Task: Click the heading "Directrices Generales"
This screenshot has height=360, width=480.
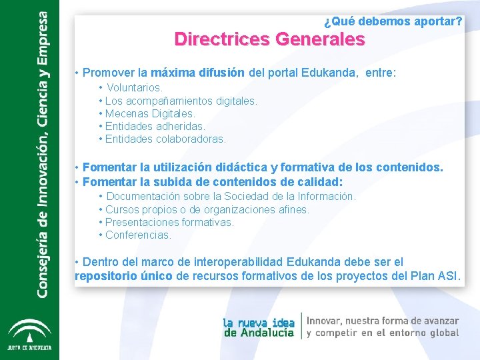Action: click(269, 39)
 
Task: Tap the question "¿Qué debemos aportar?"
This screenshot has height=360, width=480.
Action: click(393, 22)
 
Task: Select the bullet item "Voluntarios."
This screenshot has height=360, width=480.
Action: click(134, 88)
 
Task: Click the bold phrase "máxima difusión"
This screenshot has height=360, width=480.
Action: click(198, 73)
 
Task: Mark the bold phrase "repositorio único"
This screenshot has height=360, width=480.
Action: click(124, 276)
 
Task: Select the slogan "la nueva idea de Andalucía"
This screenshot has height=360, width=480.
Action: click(259, 327)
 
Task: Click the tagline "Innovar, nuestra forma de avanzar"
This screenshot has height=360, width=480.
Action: click(383, 321)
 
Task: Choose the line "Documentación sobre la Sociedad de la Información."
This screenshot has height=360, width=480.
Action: click(231, 197)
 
